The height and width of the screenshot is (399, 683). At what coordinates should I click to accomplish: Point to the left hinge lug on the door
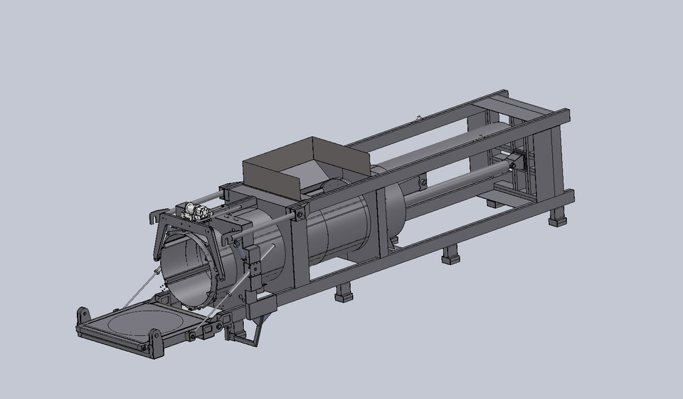(83, 315)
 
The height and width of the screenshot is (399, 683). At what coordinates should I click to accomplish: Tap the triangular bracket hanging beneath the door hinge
(242, 336)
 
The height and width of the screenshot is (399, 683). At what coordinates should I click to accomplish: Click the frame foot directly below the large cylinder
(344, 292)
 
